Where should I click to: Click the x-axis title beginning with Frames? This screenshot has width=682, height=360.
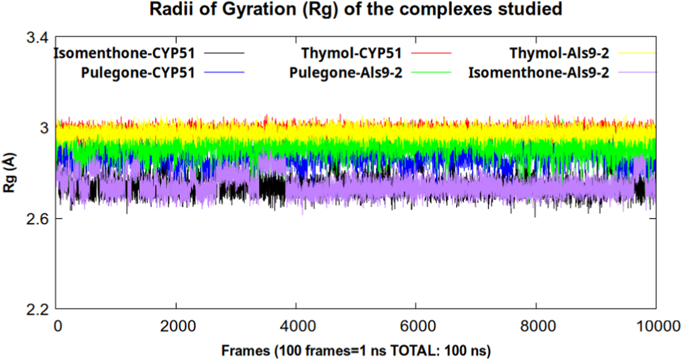pos(356,350)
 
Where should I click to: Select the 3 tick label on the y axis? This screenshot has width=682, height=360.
pos(45,128)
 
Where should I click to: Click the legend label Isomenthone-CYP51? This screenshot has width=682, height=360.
pos(131,53)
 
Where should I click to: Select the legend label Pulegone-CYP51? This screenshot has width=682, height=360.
pos(138,73)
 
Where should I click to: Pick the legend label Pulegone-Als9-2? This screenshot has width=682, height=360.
pos(346,73)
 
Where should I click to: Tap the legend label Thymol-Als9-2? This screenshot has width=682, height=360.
pos(559,53)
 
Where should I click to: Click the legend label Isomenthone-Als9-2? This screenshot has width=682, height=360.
pos(539,73)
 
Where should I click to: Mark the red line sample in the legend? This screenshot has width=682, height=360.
pos(431,54)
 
